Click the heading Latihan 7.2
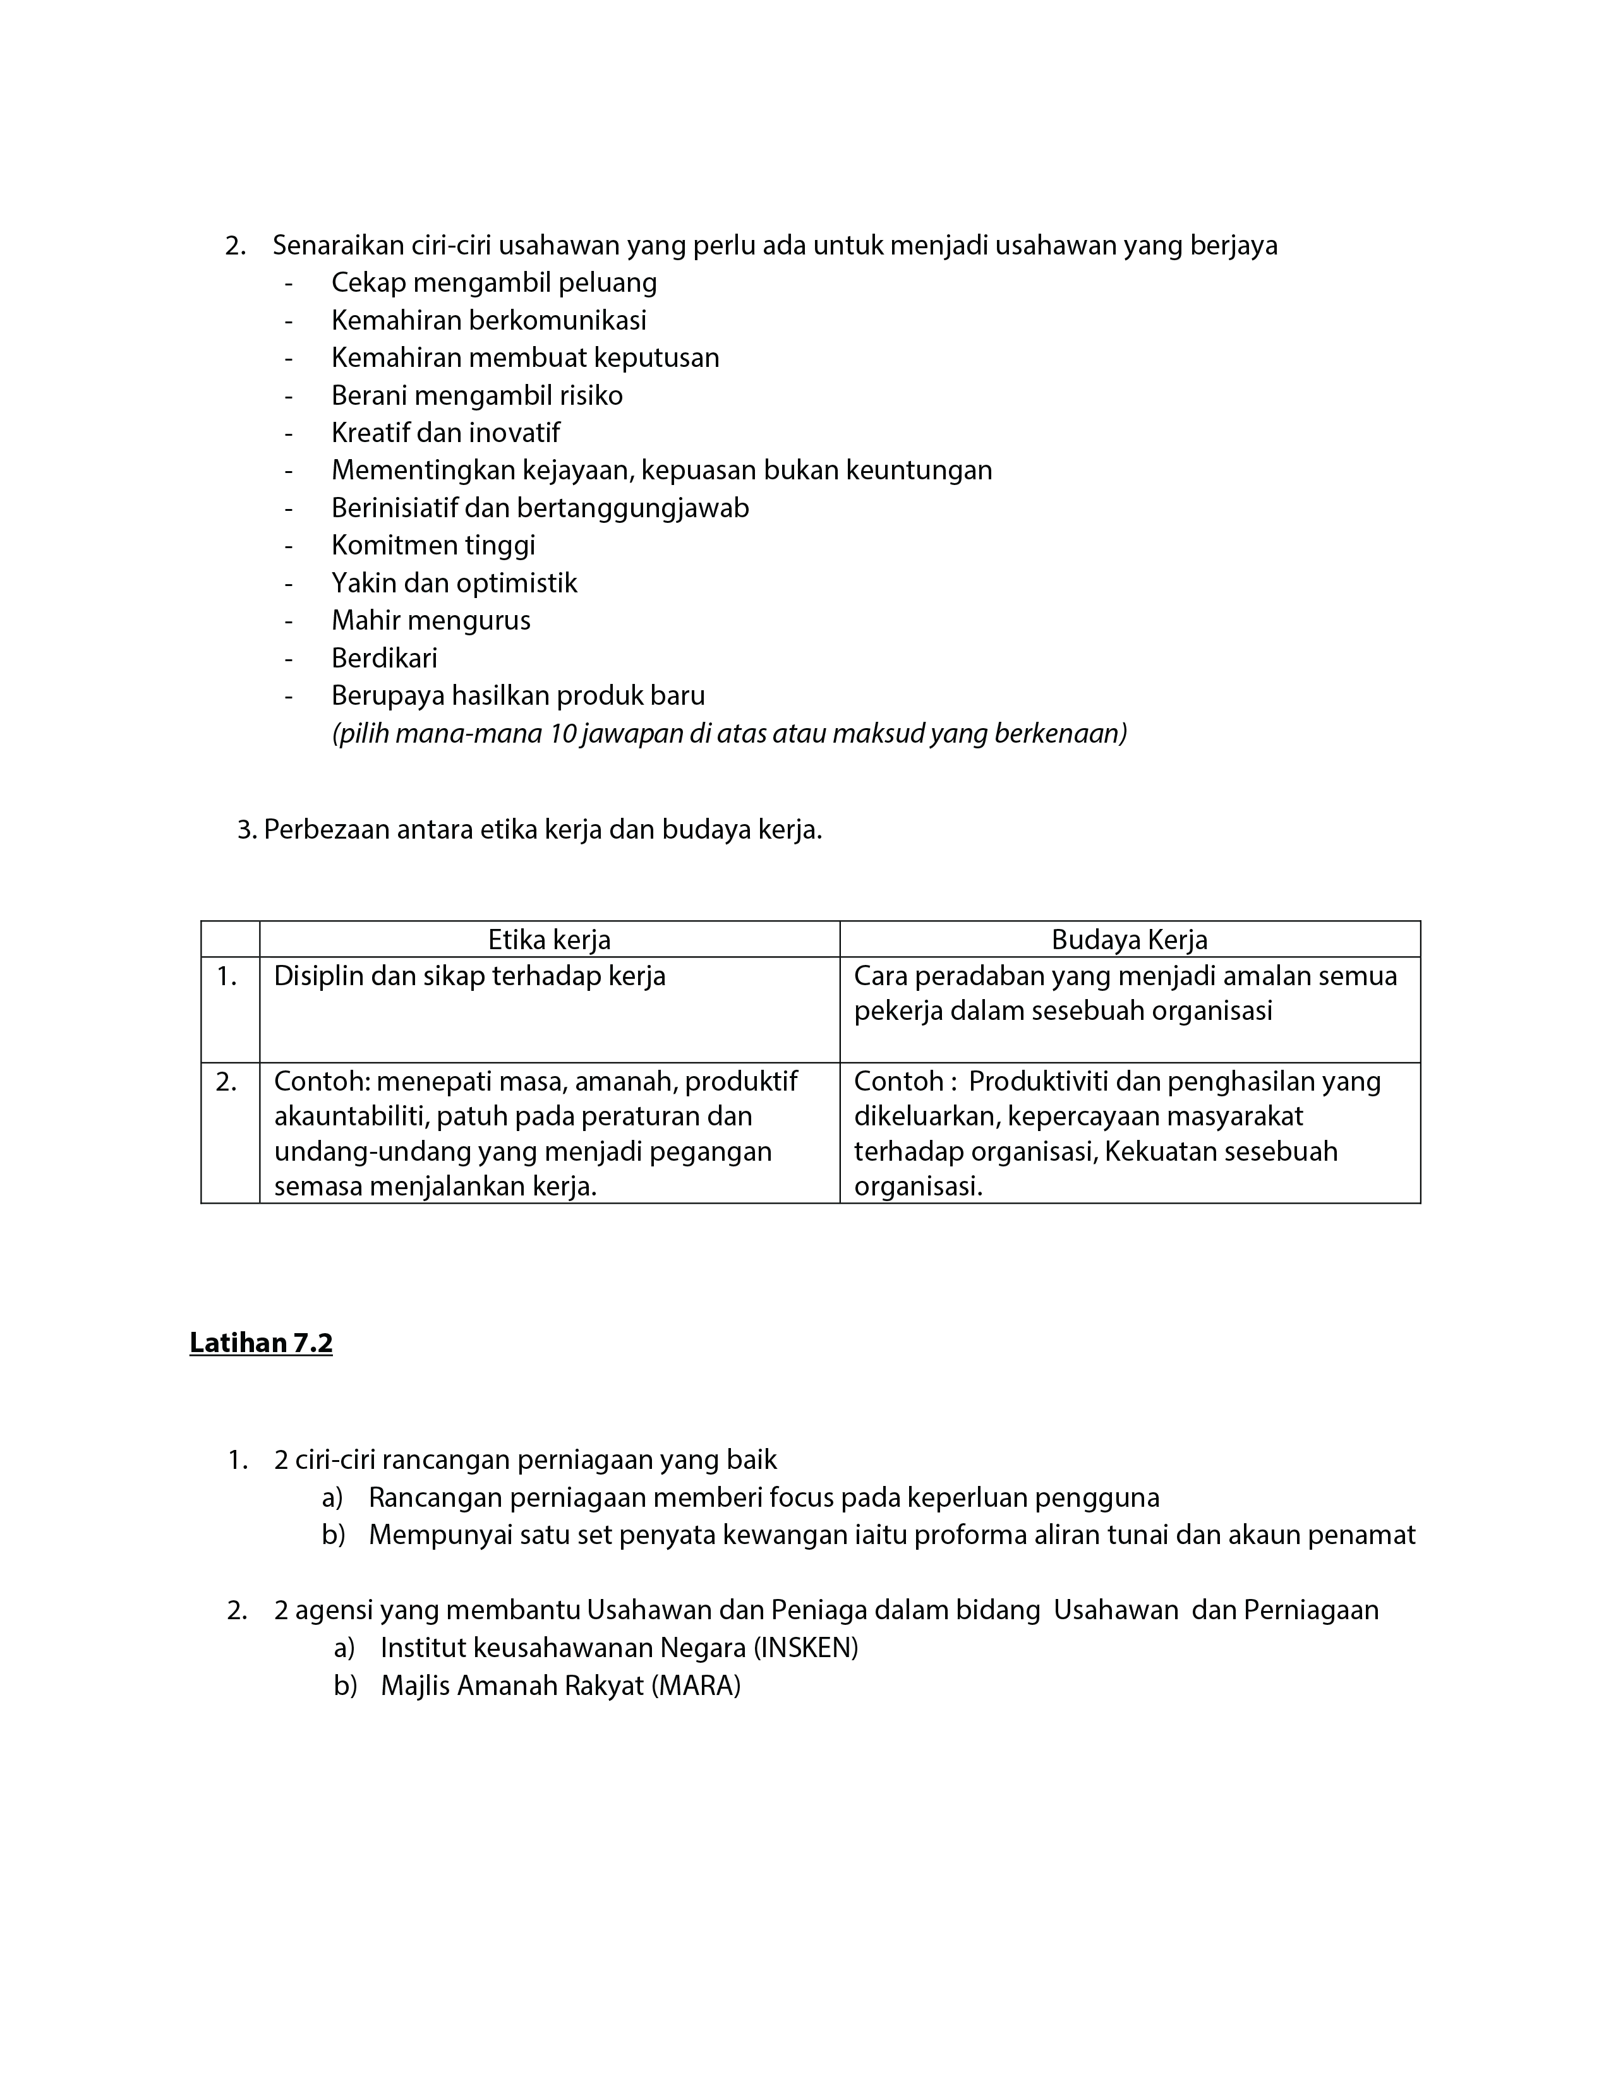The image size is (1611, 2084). (260, 1343)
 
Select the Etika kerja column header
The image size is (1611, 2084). (549, 940)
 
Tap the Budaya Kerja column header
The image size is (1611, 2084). (1129, 940)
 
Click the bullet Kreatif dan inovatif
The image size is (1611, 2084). (445, 433)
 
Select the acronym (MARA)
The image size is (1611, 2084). (696, 1686)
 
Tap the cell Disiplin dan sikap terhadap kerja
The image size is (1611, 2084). (469, 976)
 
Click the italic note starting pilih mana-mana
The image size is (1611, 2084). (728, 734)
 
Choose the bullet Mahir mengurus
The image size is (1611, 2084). (430, 621)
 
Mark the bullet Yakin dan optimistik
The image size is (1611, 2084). (454, 583)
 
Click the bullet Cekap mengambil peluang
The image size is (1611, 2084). (493, 284)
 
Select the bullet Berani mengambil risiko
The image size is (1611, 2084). (476, 396)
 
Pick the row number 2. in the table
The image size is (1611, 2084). (226, 1082)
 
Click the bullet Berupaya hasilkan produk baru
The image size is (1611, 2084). (517, 696)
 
